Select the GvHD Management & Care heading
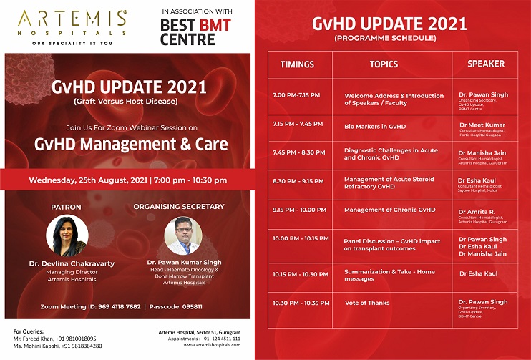pyautogui.click(x=131, y=144)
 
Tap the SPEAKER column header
pyautogui.click(x=486, y=64)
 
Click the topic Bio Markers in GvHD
pyautogui.click(x=375, y=127)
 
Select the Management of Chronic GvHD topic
pyautogui.click(x=389, y=210)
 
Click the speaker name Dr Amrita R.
pyautogui.click(x=477, y=211)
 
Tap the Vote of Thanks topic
pyautogui.click(x=367, y=303)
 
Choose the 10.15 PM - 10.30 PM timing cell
pyautogui.click(x=298, y=273)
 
